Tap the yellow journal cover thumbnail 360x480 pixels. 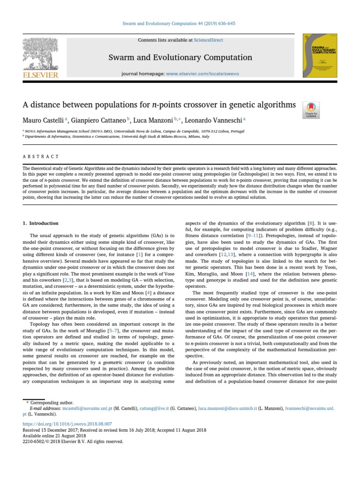tap(320, 55)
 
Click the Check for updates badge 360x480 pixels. tap(311, 109)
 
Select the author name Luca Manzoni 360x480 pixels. tap(154, 120)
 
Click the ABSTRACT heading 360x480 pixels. tap(41, 157)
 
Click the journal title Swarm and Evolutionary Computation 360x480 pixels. tap(180, 58)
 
